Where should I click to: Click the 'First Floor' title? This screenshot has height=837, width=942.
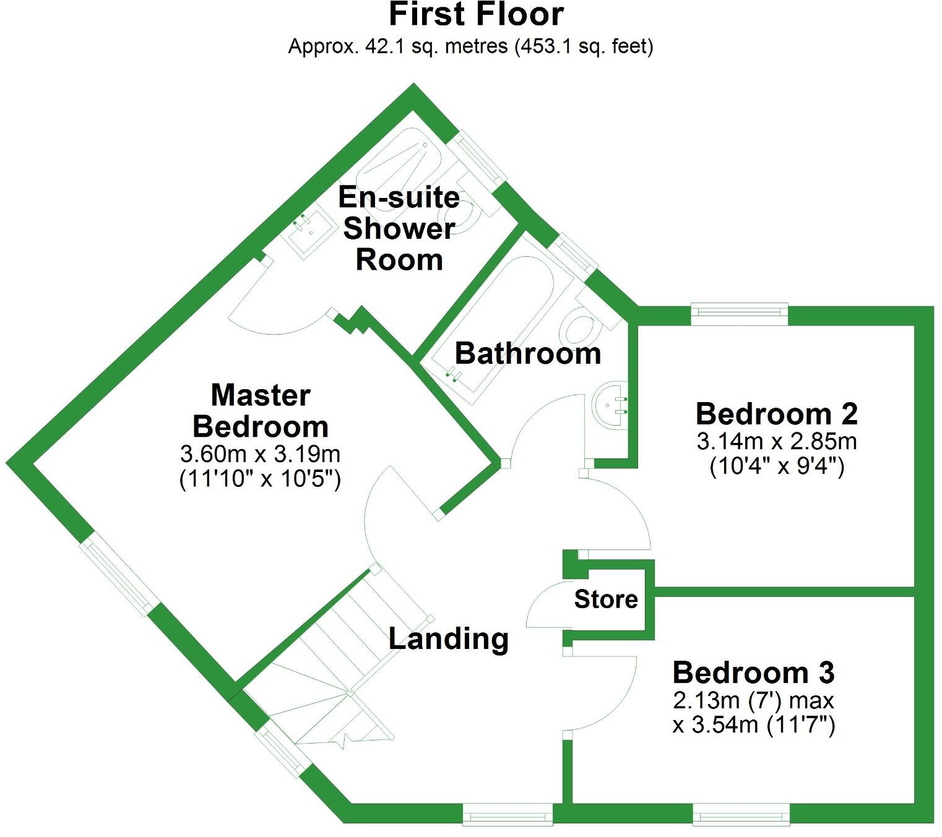(476, 15)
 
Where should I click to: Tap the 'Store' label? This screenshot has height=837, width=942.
(606, 599)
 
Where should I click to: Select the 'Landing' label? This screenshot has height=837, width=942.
(449, 638)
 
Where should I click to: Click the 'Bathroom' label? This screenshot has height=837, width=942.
(528, 354)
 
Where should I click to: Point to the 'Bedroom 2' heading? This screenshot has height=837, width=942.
(776, 414)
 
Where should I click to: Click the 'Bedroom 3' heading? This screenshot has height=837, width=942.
(753, 672)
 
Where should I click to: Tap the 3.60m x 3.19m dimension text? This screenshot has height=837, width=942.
(260, 454)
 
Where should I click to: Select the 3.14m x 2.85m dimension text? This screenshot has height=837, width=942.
(776, 441)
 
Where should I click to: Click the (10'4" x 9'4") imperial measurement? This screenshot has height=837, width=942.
(776, 465)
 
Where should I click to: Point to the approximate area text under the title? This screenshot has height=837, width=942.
(470, 46)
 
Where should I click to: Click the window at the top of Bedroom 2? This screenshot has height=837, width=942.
(739, 314)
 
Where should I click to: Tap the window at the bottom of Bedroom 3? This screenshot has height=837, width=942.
(741, 813)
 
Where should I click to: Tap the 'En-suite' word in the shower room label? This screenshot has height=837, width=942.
(399, 198)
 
